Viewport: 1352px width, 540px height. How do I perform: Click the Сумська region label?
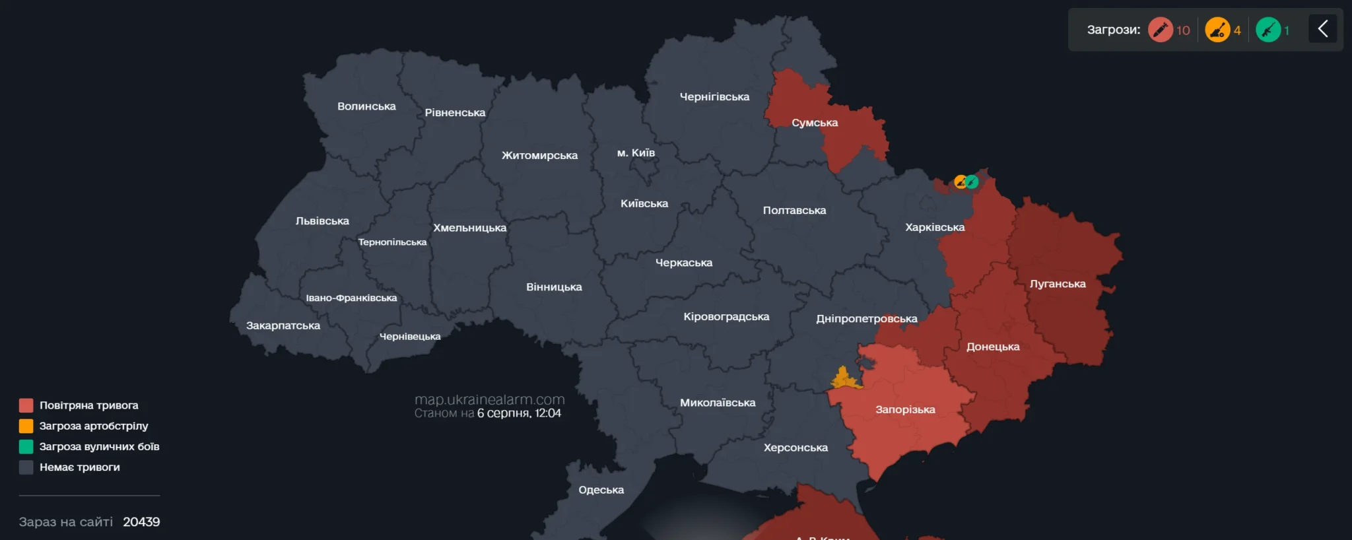[x=815, y=123]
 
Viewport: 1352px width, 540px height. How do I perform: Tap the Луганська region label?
[x=1058, y=284]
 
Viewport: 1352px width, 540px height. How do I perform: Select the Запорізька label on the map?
[x=905, y=409]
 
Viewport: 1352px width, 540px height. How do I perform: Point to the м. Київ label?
[x=636, y=152]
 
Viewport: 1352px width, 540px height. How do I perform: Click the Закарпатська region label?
[x=283, y=325]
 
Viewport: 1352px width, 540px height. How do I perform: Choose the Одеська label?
[x=601, y=490]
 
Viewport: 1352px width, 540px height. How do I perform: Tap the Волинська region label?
[x=366, y=106]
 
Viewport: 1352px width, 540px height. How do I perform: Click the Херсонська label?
[x=795, y=448]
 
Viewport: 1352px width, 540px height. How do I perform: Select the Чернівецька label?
[x=410, y=337]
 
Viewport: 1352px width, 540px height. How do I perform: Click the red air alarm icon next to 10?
[x=1160, y=30]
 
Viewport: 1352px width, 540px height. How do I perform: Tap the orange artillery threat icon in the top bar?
[x=1217, y=30]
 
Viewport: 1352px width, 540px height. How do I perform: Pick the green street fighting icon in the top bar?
[x=1267, y=30]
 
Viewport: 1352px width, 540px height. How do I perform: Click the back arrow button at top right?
[x=1322, y=29]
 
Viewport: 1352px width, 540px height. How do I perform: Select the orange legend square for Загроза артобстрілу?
[x=26, y=426]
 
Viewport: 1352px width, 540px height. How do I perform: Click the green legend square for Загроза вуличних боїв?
[x=26, y=446]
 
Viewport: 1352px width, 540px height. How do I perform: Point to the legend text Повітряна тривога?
[x=88, y=405]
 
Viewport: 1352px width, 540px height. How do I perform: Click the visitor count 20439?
[x=141, y=522]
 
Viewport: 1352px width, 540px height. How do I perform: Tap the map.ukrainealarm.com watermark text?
[x=489, y=399]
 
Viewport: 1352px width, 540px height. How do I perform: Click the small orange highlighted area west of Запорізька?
[x=844, y=379]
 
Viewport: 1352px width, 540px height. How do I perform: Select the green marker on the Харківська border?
[x=972, y=182]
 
